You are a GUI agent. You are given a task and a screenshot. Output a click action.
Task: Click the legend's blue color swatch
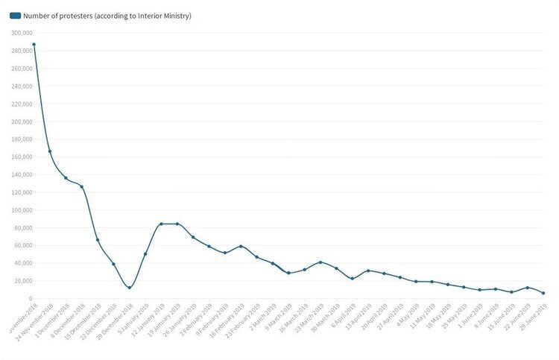(x=15, y=16)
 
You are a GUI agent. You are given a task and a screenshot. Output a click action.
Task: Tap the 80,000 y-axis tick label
(x=20, y=228)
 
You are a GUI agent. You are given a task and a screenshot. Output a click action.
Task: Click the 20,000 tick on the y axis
(x=20, y=281)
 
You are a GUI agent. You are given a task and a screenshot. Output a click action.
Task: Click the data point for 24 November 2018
(x=50, y=151)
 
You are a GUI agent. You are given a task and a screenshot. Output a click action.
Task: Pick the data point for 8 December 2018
(x=82, y=186)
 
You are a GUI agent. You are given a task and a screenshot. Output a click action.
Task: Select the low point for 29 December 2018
(x=130, y=288)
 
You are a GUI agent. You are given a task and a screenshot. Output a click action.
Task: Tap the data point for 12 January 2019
(x=161, y=224)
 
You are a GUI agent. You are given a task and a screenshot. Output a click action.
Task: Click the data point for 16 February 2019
(x=241, y=246)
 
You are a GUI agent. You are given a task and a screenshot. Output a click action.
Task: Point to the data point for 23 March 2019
(x=320, y=262)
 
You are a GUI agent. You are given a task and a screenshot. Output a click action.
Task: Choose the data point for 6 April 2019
(x=352, y=279)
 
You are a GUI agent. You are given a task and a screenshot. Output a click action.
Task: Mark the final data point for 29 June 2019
(x=543, y=293)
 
